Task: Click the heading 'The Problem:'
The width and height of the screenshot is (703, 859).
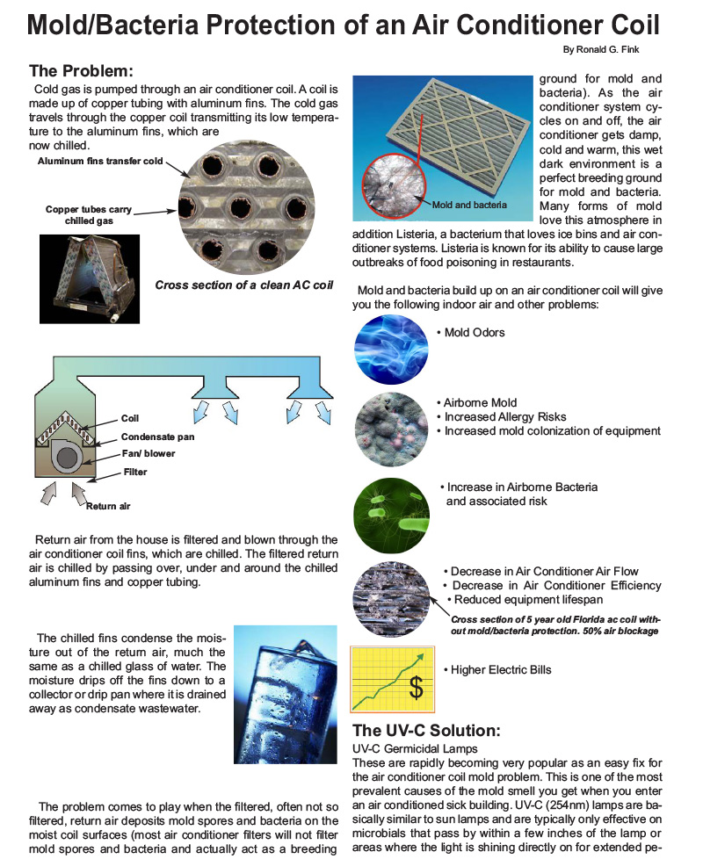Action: pyautogui.click(x=81, y=71)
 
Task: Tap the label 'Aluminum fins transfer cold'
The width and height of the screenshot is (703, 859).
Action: pyautogui.click(x=100, y=162)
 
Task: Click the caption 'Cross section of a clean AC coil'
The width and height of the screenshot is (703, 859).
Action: pyautogui.click(x=244, y=285)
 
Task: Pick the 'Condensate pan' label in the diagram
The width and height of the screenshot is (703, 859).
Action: pyautogui.click(x=157, y=437)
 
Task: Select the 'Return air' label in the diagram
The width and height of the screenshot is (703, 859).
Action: pyautogui.click(x=108, y=506)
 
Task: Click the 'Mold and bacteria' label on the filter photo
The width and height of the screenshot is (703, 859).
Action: pyautogui.click(x=470, y=205)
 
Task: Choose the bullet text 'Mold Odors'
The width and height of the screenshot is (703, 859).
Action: pyautogui.click(x=475, y=333)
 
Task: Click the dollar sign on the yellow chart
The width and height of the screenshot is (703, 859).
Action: pyautogui.click(x=417, y=688)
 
